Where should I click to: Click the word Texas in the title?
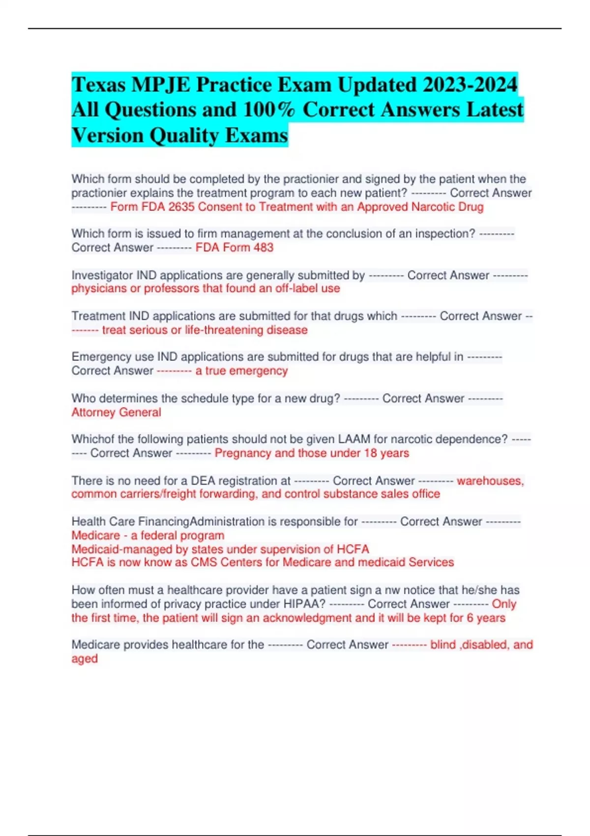[98, 85]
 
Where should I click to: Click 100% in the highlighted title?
[269, 110]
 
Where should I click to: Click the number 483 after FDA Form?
[264, 247]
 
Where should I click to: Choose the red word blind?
[443, 645]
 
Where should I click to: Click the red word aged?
[85, 659]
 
